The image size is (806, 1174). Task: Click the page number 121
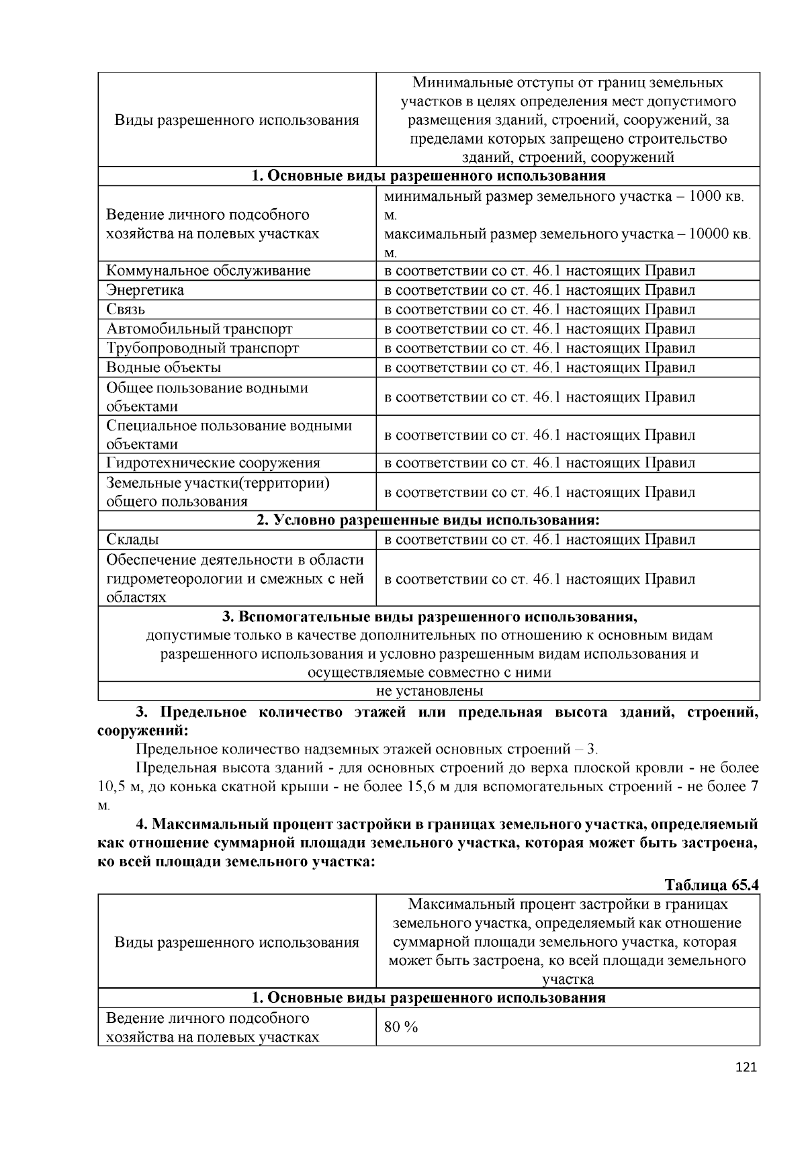(746, 1067)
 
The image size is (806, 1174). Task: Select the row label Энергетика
(144, 290)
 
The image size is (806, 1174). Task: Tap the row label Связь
(126, 310)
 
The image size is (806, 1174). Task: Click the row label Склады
(132, 539)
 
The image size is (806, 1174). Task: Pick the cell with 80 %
(401, 1027)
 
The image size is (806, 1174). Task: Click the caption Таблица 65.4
(711, 884)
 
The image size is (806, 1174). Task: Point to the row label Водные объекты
(163, 367)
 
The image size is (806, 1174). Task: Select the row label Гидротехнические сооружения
(213, 463)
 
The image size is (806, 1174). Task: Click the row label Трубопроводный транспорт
(202, 348)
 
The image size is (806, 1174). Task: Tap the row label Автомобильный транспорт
(199, 329)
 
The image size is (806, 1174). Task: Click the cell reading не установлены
(429, 691)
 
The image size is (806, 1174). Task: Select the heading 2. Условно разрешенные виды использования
(428, 521)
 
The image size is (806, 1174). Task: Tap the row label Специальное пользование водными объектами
(228, 435)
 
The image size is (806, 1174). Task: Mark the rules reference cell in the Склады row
(539, 539)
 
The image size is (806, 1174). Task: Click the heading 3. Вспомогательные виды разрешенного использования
(429, 617)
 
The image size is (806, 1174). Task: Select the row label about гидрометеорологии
(234, 578)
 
